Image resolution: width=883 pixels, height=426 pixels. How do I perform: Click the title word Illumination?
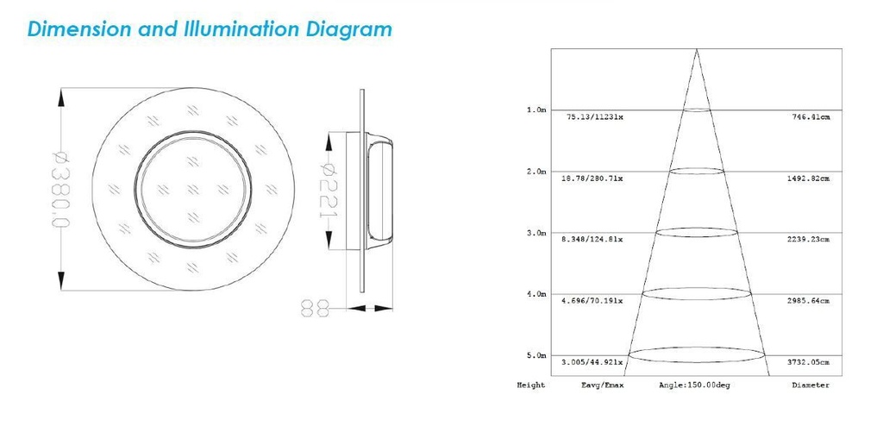[x=242, y=28]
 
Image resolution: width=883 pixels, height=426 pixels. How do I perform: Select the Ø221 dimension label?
[x=329, y=190]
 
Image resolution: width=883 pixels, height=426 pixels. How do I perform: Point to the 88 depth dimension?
[x=315, y=308]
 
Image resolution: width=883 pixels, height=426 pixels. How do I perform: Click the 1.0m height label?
[x=536, y=110]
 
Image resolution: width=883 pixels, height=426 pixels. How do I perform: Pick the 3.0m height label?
[x=536, y=233]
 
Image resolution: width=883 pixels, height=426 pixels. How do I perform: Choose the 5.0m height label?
[x=536, y=355]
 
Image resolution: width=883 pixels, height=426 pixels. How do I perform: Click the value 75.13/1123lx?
[x=595, y=117]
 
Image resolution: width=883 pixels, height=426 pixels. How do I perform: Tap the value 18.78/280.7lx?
[x=592, y=179]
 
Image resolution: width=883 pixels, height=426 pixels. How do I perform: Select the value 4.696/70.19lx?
[x=592, y=301]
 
